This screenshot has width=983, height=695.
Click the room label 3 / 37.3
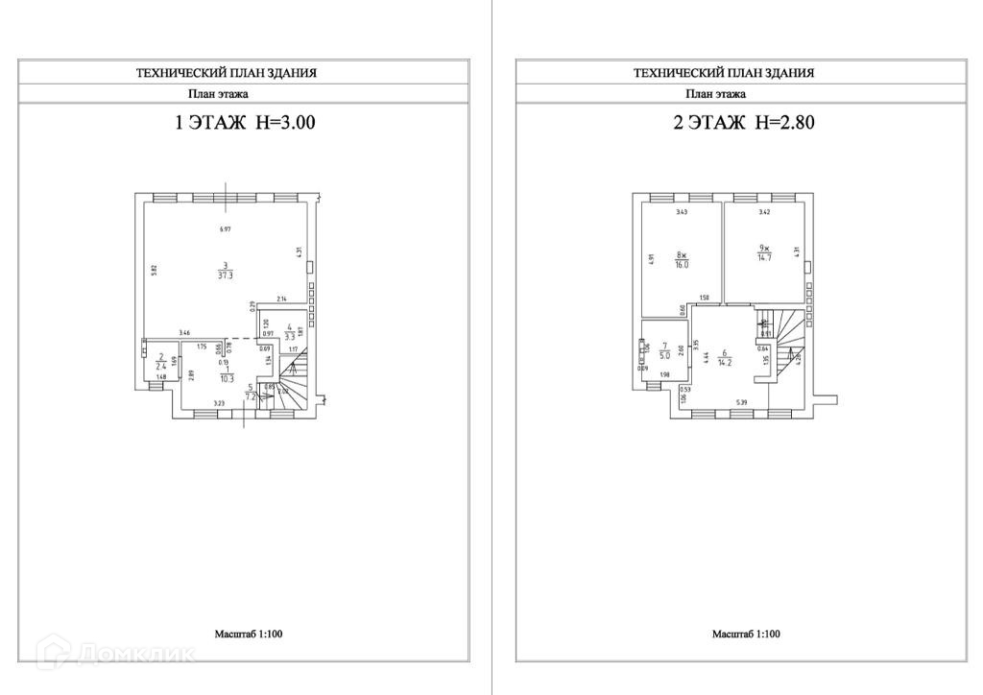(224, 271)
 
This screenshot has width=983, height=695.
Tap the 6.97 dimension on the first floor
(225, 229)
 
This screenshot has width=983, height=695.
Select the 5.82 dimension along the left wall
(154, 271)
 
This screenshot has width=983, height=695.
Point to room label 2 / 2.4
(160, 362)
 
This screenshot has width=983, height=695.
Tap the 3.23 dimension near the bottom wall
(218, 404)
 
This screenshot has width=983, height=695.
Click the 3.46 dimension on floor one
(184, 332)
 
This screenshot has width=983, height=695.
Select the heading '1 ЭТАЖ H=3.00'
(243, 123)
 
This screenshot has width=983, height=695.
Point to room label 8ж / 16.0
(682, 261)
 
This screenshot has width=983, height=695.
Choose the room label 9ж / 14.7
(764, 252)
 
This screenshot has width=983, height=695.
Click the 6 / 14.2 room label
(727, 359)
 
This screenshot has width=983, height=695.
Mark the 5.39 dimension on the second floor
(741, 402)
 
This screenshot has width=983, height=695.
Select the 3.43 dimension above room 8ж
(682, 211)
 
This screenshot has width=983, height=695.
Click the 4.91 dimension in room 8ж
(650, 258)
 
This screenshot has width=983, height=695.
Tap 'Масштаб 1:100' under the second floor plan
(746, 635)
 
